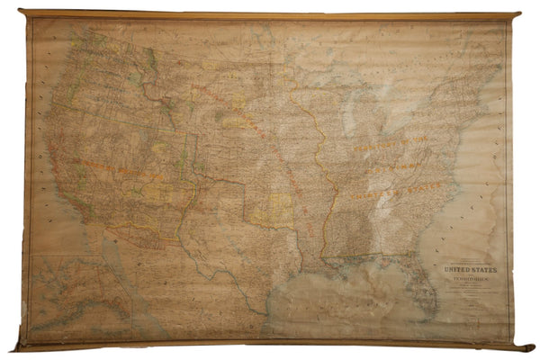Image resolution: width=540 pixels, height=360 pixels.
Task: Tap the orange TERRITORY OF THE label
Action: click(x=369, y=144)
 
